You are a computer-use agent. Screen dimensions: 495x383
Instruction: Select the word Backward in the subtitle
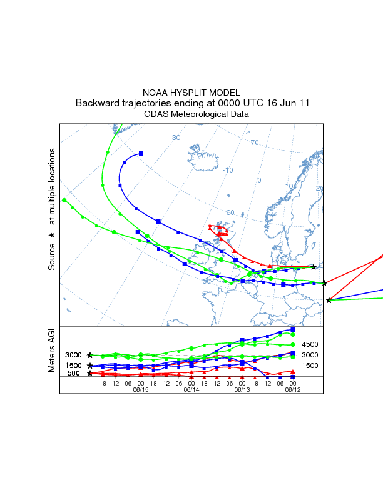(x=98, y=102)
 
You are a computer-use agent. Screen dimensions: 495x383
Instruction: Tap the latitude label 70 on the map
(x=255, y=143)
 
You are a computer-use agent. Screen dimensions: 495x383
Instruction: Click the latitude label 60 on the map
(x=230, y=212)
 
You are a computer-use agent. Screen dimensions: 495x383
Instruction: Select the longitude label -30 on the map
(x=175, y=137)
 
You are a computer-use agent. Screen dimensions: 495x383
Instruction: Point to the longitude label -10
(x=228, y=170)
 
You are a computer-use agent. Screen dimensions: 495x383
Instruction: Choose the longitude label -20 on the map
(x=201, y=155)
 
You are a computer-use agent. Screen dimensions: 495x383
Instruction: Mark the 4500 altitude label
(x=310, y=344)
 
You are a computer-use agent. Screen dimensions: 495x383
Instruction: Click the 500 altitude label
(x=74, y=373)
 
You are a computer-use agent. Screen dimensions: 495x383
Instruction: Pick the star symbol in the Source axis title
(x=53, y=234)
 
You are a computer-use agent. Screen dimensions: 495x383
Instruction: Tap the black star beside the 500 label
(x=90, y=373)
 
